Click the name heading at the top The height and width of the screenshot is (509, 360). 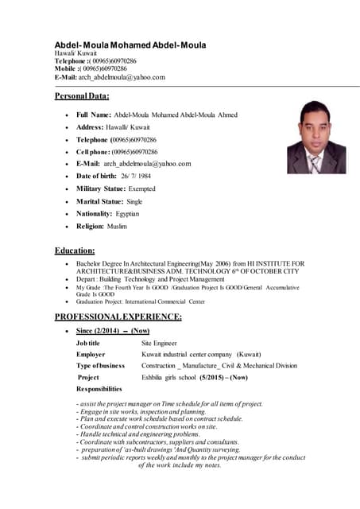(130, 45)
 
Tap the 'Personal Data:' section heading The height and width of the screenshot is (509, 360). (82, 97)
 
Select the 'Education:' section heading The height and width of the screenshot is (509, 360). (75, 250)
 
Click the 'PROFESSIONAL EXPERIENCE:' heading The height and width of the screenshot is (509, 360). (118, 317)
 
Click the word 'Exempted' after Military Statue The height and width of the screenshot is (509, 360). (141, 188)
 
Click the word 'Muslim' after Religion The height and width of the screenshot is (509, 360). (117, 227)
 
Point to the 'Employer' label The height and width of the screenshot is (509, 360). (91, 354)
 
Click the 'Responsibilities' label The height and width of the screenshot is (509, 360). (99, 389)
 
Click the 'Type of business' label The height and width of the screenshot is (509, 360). (100, 365)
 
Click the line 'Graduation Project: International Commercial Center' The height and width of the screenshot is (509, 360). (140, 302)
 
